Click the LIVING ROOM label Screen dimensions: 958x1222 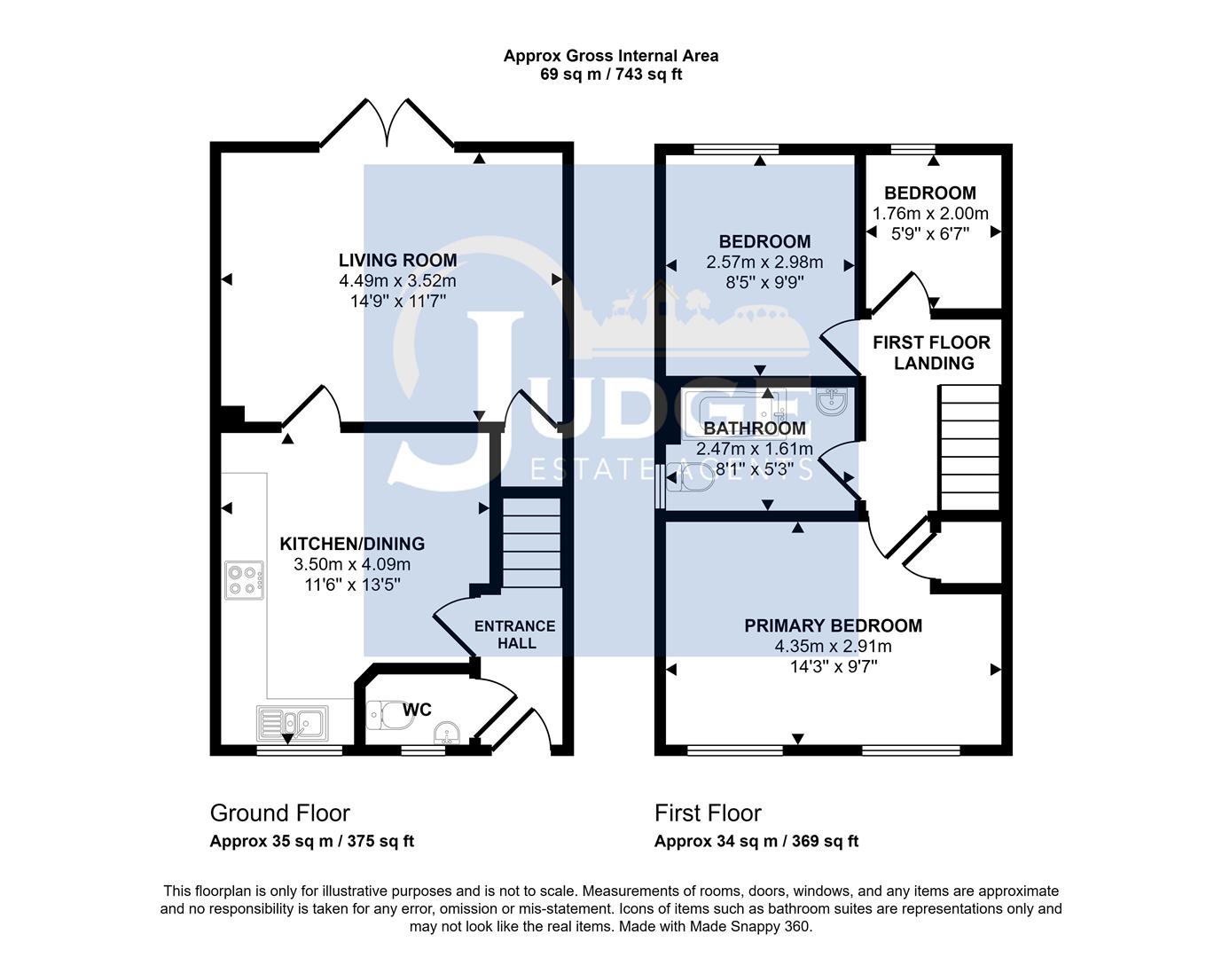(x=397, y=260)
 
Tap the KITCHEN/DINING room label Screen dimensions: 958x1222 (x=352, y=544)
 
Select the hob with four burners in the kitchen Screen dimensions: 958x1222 (x=245, y=579)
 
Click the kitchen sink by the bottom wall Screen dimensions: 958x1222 (x=292, y=723)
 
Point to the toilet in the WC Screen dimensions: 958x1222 (x=388, y=716)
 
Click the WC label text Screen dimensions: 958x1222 (x=417, y=710)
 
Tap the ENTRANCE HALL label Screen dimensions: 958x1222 (x=515, y=634)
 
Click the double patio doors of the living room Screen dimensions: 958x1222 (x=387, y=124)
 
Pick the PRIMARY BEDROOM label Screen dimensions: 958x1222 (x=833, y=625)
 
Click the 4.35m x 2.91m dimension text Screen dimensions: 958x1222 (x=833, y=647)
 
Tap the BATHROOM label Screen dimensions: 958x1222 (x=755, y=428)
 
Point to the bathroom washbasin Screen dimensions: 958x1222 (x=834, y=402)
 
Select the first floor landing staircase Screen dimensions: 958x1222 (x=969, y=447)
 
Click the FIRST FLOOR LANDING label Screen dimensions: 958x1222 (x=932, y=352)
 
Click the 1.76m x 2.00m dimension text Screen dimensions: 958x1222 (x=930, y=214)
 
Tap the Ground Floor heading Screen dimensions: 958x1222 (x=279, y=813)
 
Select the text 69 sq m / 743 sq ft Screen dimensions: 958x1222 (x=611, y=75)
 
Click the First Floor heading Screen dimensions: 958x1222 (x=708, y=813)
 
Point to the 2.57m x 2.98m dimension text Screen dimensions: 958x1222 (x=764, y=263)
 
